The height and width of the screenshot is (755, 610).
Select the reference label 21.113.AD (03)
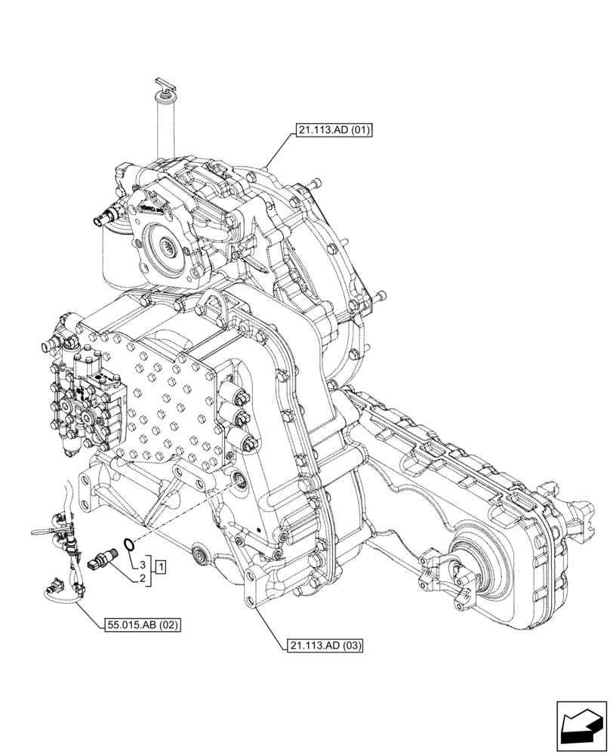[325, 646]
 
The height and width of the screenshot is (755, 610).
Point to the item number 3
[141, 565]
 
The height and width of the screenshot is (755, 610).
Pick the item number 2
[141, 580]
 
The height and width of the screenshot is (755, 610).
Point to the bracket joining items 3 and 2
[152, 572]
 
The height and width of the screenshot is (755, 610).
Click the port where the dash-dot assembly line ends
[240, 479]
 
